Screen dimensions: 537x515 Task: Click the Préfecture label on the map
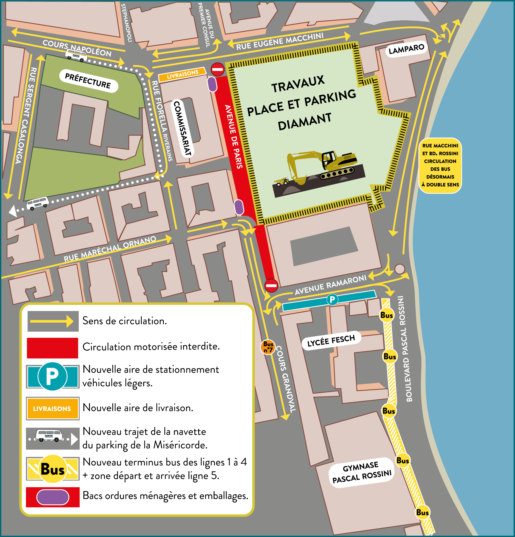88,81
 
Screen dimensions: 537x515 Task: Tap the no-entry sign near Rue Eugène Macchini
218,69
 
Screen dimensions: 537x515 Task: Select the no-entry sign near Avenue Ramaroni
271,285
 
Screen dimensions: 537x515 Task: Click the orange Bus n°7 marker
268,347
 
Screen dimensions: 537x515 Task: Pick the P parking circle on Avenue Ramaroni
332,299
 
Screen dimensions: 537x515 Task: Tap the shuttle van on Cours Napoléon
76,56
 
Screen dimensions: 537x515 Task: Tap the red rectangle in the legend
52,348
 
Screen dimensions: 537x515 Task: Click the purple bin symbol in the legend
53,497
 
